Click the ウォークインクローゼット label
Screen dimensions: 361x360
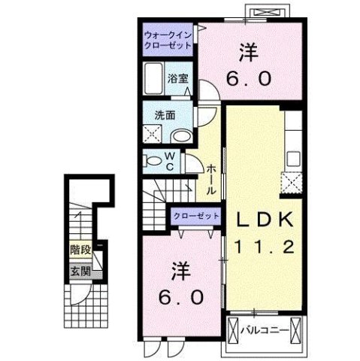(168, 38)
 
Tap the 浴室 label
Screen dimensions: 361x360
(177, 78)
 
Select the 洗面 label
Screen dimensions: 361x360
(165, 116)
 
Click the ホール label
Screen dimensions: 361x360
(213, 180)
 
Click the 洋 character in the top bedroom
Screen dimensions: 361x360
(248, 53)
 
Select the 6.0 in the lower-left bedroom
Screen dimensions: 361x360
(180, 296)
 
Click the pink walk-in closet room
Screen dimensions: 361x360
(168, 38)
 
